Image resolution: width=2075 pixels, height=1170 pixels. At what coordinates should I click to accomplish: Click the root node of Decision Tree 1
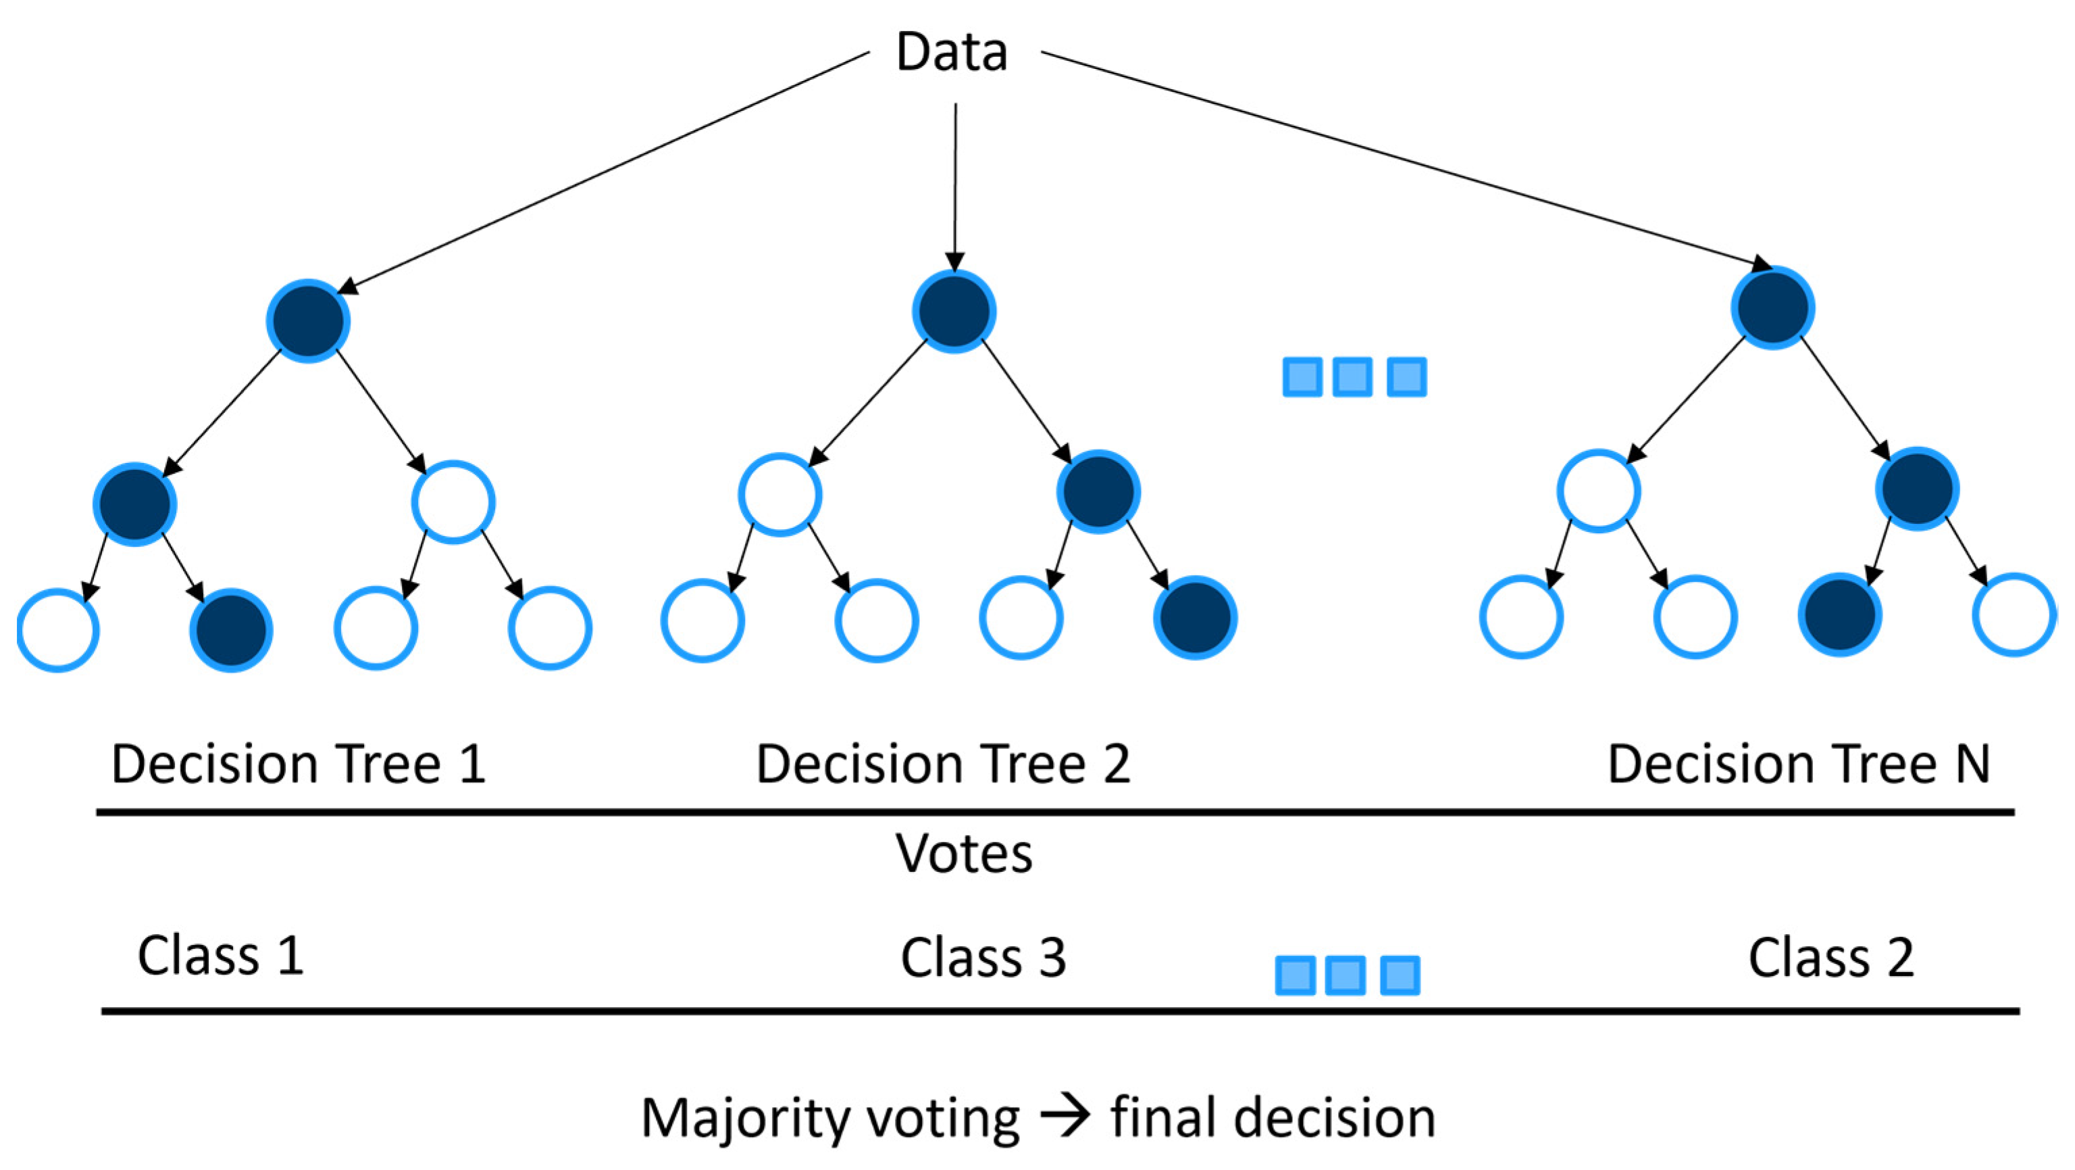308,320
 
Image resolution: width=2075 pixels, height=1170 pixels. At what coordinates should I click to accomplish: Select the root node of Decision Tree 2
954,311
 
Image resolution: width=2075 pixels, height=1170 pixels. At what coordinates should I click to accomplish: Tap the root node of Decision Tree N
1773,308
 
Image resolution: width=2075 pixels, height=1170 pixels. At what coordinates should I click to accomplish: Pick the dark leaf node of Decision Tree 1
231,630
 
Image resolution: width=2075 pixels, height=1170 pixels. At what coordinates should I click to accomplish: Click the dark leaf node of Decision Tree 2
1196,618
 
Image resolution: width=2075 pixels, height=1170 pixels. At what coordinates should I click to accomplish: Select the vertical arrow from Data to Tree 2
955,185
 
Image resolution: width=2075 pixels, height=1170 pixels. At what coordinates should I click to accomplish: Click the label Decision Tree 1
298,764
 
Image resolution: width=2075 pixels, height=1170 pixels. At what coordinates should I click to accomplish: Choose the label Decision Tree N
1798,764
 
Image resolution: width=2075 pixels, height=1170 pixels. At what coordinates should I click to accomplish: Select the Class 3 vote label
983,958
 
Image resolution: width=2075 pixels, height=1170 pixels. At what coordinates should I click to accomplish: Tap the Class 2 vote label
1830,958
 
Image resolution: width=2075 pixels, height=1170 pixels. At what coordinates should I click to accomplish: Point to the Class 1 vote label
221,956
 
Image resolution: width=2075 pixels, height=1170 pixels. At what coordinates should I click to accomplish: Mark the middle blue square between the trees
1352,377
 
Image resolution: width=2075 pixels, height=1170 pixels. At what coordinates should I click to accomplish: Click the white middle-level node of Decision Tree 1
453,502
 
